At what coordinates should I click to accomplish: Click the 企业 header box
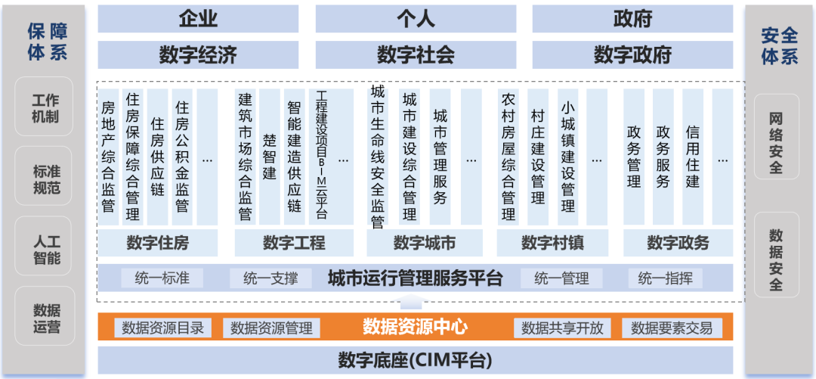(x=198, y=19)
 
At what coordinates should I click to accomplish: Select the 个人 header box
(x=416, y=19)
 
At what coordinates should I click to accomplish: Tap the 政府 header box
(x=632, y=19)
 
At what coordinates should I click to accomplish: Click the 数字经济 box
(x=198, y=54)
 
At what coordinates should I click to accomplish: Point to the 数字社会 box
(x=416, y=54)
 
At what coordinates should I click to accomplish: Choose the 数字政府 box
(x=632, y=54)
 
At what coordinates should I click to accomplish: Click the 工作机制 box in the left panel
(x=45, y=108)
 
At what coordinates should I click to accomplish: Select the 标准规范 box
(x=45, y=179)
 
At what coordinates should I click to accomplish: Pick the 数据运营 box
(x=45, y=318)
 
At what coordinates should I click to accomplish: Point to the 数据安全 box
(x=776, y=259)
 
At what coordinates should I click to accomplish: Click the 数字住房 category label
(x=158, y=243)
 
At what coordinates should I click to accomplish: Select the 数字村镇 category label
(x=552, y=243)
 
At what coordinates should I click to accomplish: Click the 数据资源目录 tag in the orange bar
(x=162, y=328)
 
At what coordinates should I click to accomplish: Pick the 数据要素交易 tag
(x=672, y=328)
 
